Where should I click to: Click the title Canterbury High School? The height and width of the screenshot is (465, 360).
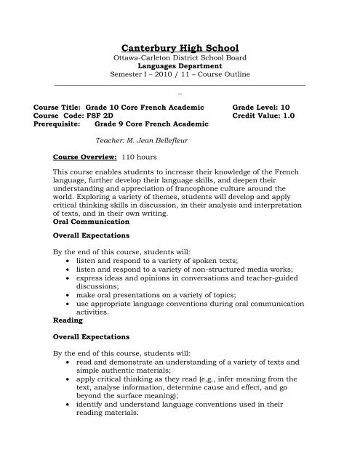pyautogui.click(x=180, y=47)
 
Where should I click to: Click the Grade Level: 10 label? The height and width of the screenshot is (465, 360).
pyautogui.click(x=263, y=105)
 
